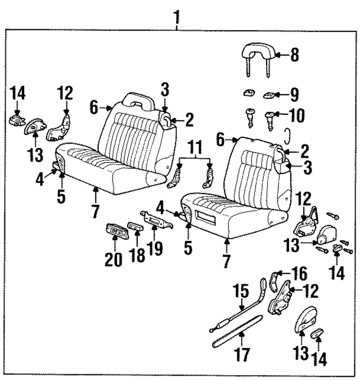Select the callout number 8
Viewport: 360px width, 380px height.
point(294,55)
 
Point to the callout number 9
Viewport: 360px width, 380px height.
point(294,93)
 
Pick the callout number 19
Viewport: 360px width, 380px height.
point(154,248)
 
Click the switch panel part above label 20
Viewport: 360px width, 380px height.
point(115,230)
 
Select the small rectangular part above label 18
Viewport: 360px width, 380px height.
point(136,227)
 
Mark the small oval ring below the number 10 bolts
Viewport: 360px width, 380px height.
point(287,135)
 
